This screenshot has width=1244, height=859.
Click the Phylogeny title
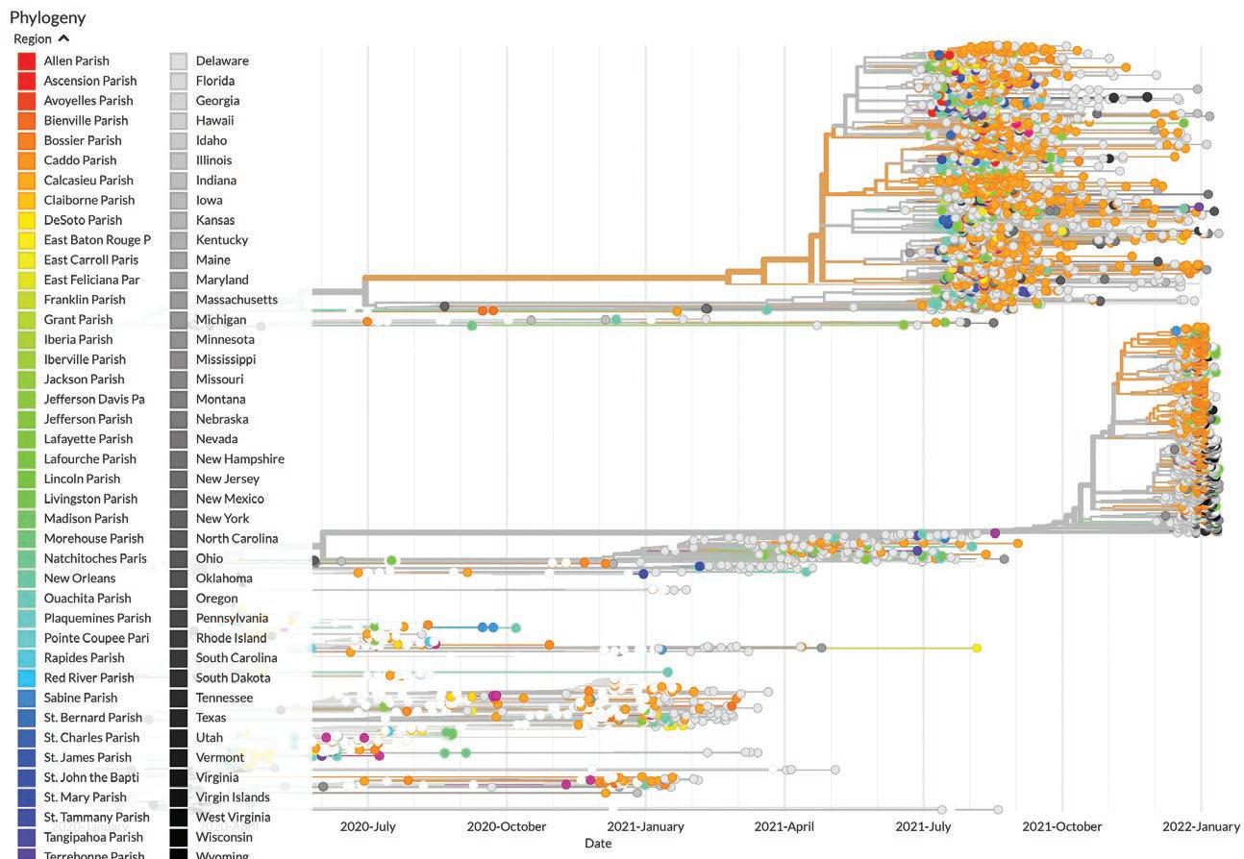click(x=47, y=17)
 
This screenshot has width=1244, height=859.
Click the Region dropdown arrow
click(x=63, y=38)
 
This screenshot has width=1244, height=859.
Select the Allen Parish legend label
click(x=76, y=61)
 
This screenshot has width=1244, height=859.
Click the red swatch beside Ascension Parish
click(x=27, y=81)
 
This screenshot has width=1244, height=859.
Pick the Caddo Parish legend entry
click(x=80, y=160)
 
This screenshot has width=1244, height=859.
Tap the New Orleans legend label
click(x=79, y=578)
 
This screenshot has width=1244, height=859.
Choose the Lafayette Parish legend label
click(x=87, y=439)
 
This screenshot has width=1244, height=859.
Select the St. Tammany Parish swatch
click(x=27, y=818)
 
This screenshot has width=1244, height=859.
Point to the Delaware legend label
click(x=222, y=61)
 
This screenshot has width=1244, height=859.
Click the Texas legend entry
click(x=211, y=718)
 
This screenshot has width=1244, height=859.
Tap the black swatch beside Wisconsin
click(x=179, y=837)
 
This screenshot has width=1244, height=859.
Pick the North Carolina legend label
click(x=236, y=538)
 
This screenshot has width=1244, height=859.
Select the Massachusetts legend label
click(x=236, y=300)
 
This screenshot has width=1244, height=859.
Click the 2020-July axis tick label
click(x=367, y=826)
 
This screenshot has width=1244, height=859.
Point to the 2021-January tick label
click(x=645, y=826)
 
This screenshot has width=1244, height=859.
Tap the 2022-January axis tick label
click(x=1201, y=826)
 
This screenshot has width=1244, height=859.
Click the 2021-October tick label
click(x=1061, y=826)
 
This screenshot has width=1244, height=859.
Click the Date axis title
click(x=597, y=844)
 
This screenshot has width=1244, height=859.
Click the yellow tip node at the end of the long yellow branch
click(x=977, y=649)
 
